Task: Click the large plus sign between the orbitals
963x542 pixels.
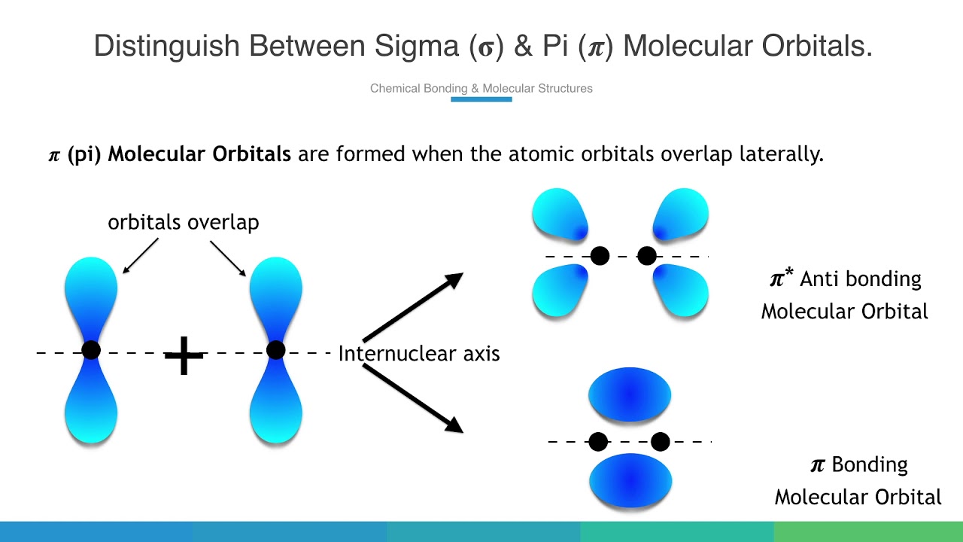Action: [x=184, y=356]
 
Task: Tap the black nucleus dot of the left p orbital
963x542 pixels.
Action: [x=91, y=350]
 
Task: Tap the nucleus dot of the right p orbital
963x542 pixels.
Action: [x=276, y=350]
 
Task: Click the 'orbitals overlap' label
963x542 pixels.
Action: [x=184, y=223]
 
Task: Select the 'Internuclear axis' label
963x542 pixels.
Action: [x=419, y=354]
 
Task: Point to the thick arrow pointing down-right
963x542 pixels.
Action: [x=412, y=398]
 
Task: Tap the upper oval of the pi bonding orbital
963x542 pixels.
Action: [x=630, y=395]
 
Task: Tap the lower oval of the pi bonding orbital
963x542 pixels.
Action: [x=630, y=480]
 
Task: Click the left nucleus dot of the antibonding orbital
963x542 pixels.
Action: [x=600, y=256]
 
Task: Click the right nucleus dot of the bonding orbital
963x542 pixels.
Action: [x=661, y=442]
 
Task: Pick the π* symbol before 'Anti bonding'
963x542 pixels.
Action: [x=781, y=279]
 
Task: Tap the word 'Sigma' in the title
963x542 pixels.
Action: [x=418, y=47]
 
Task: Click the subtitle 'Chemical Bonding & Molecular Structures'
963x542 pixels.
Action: [x=481, y=89]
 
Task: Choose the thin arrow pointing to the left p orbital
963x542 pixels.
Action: [x=140, y=255]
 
